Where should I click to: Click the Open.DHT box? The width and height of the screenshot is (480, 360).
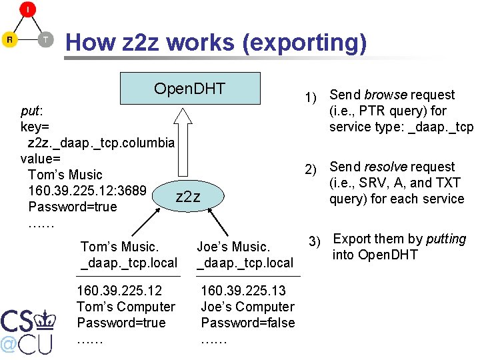pos(189,88)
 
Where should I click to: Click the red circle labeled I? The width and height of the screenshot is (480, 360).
pos(27,9)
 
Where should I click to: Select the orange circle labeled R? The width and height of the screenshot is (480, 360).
pos(9,39)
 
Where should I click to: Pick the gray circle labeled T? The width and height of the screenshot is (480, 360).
pos(45,39)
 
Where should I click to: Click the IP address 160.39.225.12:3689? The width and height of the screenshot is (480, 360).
pos(87,191)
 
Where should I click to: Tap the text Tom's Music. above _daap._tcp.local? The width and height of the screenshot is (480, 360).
pos(119,247)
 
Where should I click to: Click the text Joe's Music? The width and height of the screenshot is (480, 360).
pos(233,247)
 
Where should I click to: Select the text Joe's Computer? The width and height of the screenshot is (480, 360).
pos(247,307)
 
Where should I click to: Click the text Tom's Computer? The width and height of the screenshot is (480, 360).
pos(126,307)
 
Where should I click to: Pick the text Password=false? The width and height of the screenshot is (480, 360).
pos(248,323)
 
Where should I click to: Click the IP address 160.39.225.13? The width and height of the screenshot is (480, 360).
pos(243,291)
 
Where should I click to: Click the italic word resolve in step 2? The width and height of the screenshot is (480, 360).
pos(387,167)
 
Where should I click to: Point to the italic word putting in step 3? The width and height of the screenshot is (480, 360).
pos(446,239)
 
